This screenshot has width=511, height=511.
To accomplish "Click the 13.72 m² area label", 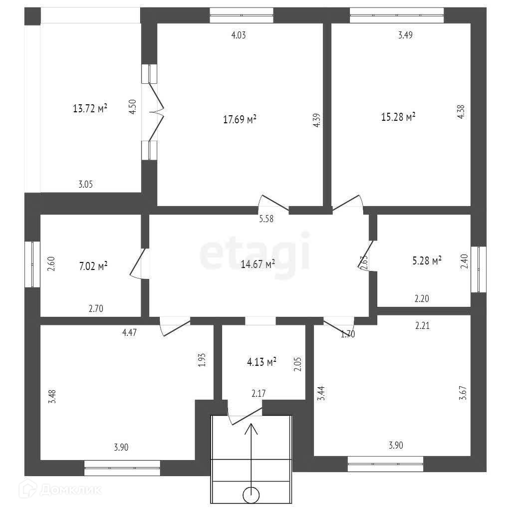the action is (90, 108).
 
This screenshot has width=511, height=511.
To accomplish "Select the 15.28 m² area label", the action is (399, 117).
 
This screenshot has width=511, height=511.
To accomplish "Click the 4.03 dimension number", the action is (239, 35).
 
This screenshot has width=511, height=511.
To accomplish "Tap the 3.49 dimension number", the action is (405, 35).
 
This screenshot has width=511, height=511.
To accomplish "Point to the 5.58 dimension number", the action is (266, 218).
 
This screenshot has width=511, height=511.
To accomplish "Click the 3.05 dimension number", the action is (86, 184).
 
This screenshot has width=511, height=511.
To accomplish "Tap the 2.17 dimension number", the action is (258, 394).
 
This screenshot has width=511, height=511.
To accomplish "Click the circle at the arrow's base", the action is (251, 495).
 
